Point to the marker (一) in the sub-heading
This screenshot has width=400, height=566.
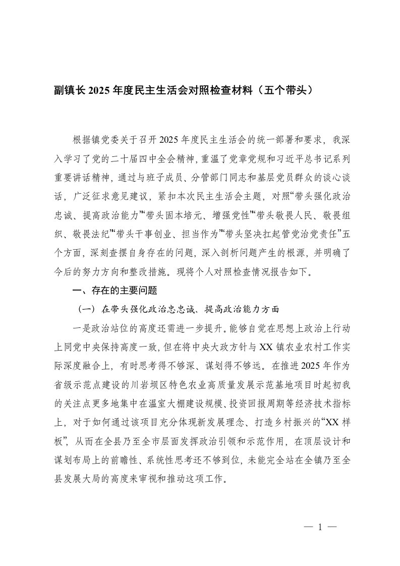(83, 308)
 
